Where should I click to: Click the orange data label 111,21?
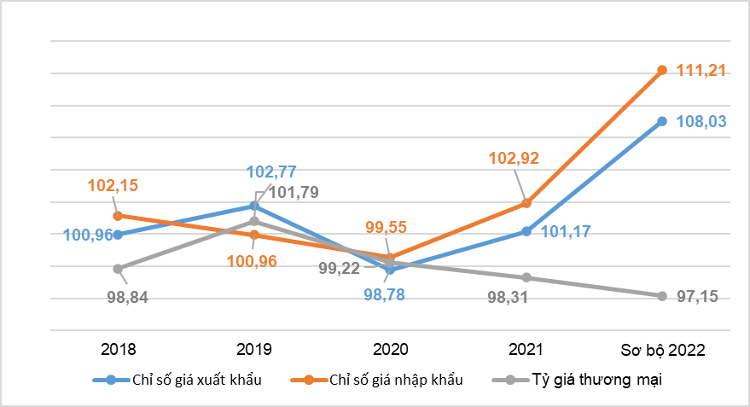point(701,71)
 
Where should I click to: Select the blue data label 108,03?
point(701,121)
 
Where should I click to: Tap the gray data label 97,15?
point(697,297)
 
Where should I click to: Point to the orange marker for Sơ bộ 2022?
point(662,70)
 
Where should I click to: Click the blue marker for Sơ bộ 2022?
point(662,121)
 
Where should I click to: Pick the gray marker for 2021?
point(526,277)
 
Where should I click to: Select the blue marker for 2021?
point(526,231)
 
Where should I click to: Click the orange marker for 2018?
point(118,216)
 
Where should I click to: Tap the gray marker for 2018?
point(118,269)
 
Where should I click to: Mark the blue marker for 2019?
point(254,206)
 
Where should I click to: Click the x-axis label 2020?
point(390,349)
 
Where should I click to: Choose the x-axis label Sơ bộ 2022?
point(663,350)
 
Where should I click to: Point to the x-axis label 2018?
point(118,349)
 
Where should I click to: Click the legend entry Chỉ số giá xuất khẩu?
point(177,380)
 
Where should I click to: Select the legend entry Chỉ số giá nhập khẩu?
point(377,380)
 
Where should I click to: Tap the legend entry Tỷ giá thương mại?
point(578,380)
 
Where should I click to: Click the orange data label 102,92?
point(514,159)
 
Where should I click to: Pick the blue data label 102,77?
point(271,172)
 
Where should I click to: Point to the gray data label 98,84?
point(128,298)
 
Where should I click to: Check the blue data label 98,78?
point(384,294)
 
